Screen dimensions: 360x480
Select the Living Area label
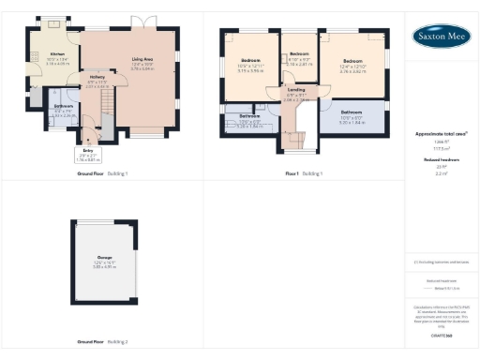point(141,59)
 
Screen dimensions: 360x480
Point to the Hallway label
point(97,80)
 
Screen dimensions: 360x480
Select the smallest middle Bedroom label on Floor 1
point(300,55)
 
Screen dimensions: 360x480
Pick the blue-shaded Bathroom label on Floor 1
point(352,112)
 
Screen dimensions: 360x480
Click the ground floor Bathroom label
point(64,107)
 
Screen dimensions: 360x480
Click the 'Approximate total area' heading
point(441,134)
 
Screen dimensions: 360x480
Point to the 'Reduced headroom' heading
point(441,159)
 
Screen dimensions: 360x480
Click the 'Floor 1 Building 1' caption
point(305,174)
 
